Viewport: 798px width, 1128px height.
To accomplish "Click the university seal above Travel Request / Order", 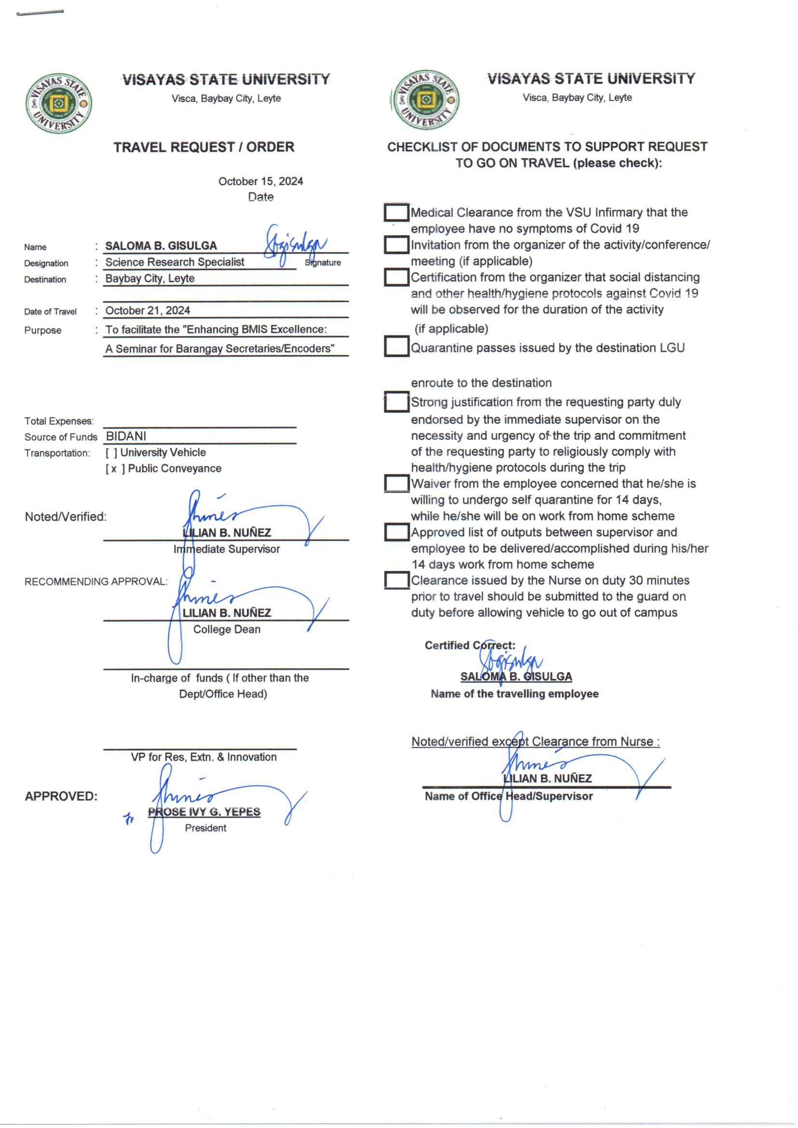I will pos(58,104).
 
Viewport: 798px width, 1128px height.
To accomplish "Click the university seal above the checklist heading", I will pos(426,100).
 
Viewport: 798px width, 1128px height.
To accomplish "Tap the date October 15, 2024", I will pos(261,181).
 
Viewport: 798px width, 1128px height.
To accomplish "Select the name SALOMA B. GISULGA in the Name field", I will pos(161,246).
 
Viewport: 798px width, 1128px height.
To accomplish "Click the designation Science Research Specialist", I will pos(175,262).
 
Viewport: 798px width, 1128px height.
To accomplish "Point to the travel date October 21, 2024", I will pos(148,311).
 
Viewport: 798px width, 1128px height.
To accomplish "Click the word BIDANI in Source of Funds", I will pos(126,436).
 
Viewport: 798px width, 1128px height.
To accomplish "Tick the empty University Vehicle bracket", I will pos(111,453).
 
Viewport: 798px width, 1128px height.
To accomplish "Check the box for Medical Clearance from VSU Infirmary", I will pos(396,213).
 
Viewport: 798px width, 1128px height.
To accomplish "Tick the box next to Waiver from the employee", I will pos(396,483).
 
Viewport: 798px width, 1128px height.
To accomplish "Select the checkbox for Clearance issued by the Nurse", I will pos(396,580).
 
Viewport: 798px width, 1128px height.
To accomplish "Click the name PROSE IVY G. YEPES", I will pos(204,812).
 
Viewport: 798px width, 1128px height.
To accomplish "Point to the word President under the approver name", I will pos(206,828).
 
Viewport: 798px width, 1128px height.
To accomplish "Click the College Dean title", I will pos(227,629).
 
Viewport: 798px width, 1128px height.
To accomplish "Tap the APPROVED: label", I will pos(61,796).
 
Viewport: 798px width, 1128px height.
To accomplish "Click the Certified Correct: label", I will pos(470,645).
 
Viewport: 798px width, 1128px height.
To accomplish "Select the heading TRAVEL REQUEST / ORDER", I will pos(204,147).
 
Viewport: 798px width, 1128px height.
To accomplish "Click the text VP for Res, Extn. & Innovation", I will pos(204,757).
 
